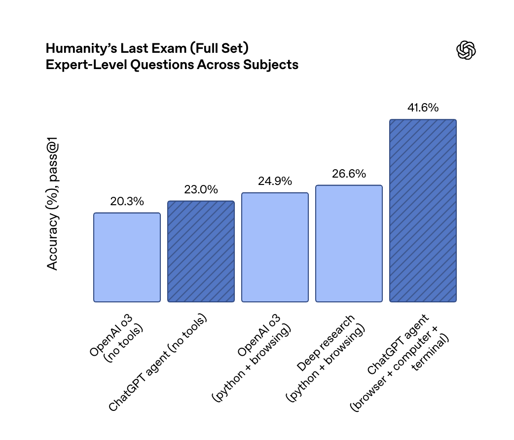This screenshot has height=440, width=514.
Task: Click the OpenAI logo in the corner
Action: point(466,50)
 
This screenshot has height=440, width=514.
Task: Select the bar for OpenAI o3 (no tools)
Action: point(127,257)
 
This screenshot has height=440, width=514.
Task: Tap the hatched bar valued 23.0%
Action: point(201,251)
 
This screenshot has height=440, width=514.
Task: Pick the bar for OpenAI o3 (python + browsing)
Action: point(275,247)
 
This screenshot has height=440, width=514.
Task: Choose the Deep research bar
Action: point(349,243)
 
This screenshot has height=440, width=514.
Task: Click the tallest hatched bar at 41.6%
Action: point(423,211)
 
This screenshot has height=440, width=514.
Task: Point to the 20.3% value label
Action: point(127,201)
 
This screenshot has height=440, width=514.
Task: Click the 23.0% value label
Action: point(201,189)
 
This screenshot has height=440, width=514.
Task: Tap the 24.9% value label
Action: point(275,181)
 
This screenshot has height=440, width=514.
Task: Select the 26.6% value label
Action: point(349,174)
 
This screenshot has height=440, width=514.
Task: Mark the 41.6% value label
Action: point(423,108)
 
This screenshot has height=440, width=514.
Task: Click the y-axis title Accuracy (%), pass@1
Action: point(53,207)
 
